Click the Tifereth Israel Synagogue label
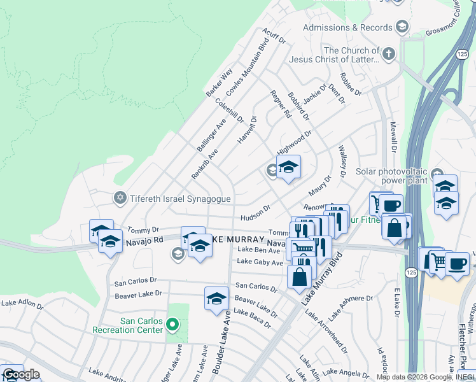tap(180, 199)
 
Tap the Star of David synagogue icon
tap(120, 198)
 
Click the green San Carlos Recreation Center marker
tap(171, 325)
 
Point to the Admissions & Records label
tap(347, 27)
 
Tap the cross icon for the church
tap(389, 53)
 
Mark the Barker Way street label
tap(219, 83)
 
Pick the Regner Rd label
tap(281, 104)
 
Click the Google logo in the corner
tap(20, 374)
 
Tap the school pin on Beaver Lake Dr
tap(216, 297)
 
